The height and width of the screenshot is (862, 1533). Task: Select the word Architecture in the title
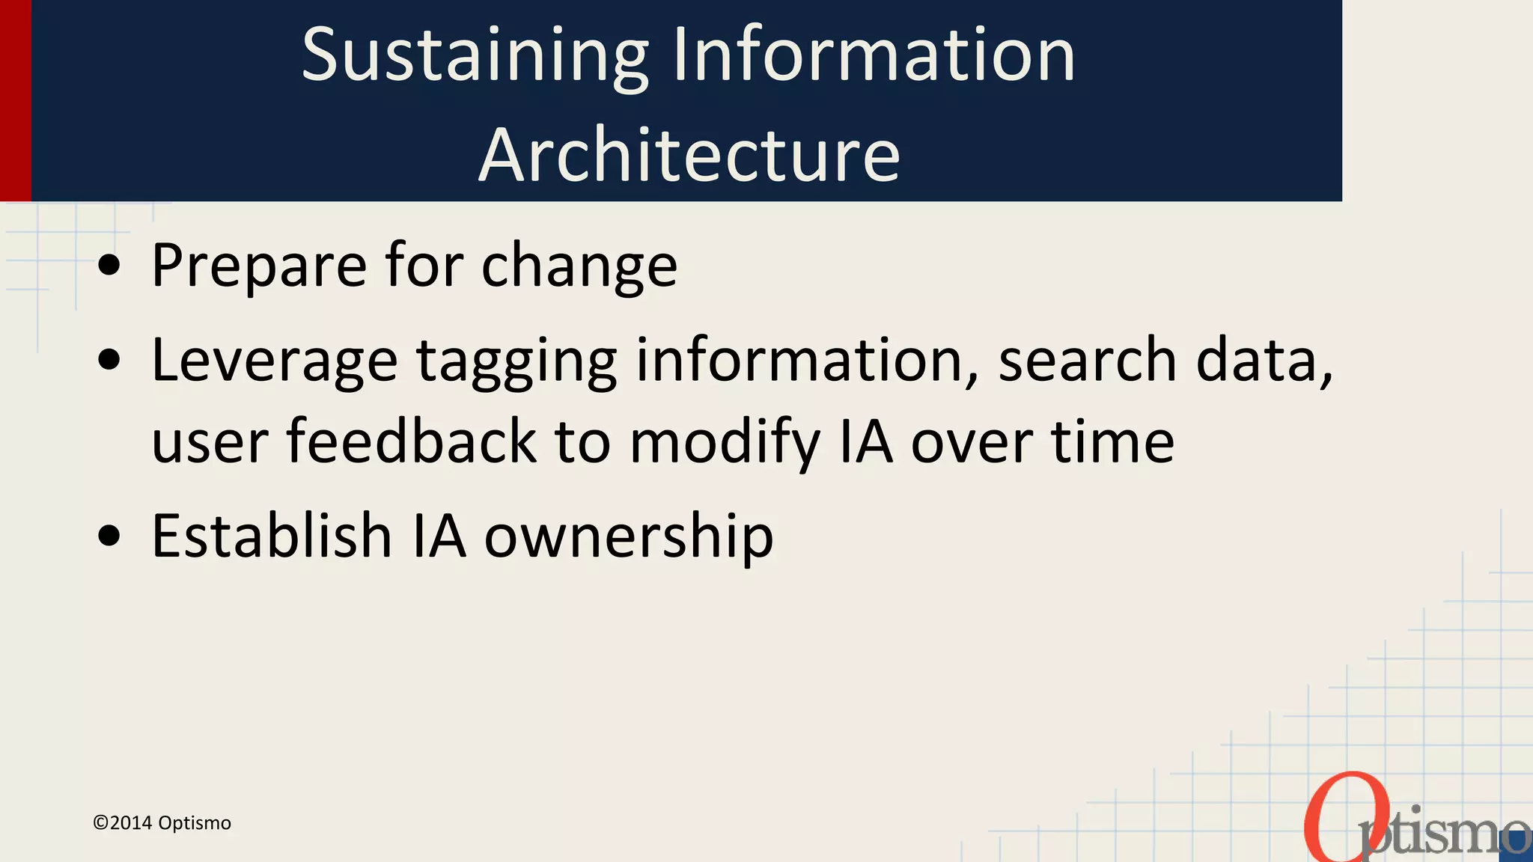(x=689, y=156)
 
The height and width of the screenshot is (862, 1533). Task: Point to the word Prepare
(x=259, y=266)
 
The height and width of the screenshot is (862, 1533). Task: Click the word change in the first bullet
(x=579, y=266)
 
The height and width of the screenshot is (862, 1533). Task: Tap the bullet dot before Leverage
(x=109, y=360)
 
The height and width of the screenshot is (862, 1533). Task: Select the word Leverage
(x=274, y=361)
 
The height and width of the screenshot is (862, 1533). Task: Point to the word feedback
(x=411, y=441)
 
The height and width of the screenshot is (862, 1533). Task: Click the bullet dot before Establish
(x=109, y=536)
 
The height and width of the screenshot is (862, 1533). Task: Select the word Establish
(x=272, y=536)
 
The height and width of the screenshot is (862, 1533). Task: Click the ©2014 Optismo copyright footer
(x=162, y=823)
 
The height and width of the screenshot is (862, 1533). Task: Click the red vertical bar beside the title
(x=15, y=100)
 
